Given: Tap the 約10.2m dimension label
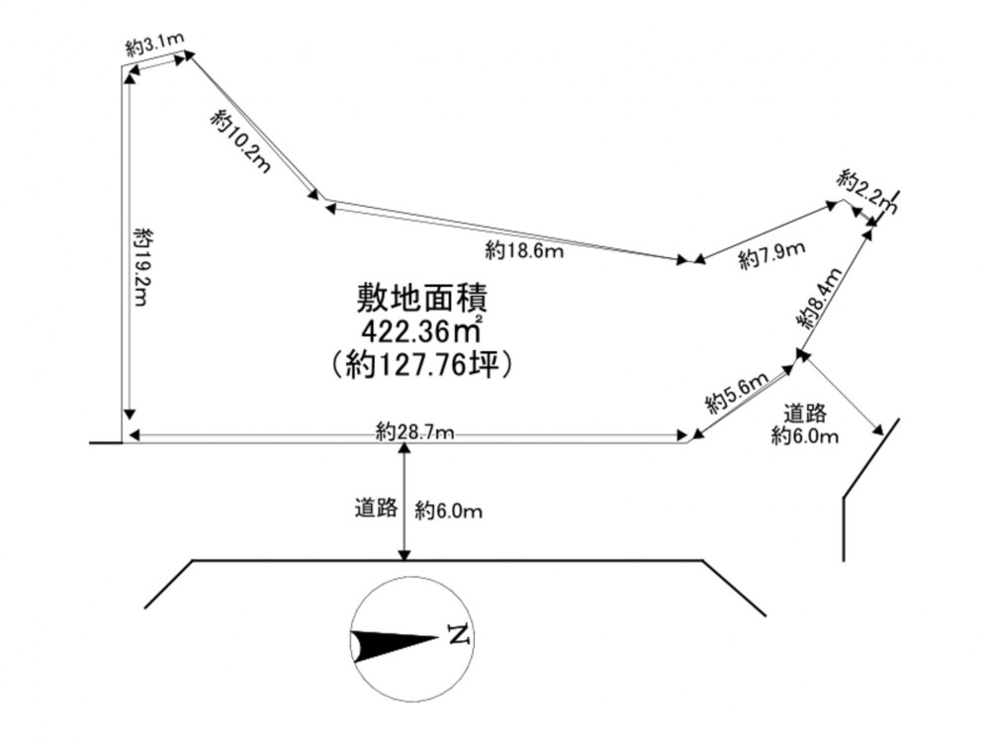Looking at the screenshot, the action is (241, 140).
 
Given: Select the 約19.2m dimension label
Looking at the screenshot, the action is (143, 267).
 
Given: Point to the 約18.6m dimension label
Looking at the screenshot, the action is (524, 251).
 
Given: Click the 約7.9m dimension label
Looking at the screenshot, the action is (772, 255).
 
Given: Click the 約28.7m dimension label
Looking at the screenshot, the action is (414, 432).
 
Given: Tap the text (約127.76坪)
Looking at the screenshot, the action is (420, 364).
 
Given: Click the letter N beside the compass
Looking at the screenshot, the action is (460, 635).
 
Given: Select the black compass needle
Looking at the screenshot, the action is (395, 645).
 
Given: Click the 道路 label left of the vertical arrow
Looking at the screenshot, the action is (376, 508).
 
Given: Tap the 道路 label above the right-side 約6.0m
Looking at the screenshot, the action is (805, 414).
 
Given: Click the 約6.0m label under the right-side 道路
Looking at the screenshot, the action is (805, 435).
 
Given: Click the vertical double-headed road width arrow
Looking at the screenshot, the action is (405, 501).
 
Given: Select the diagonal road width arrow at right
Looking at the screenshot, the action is (844, 395).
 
